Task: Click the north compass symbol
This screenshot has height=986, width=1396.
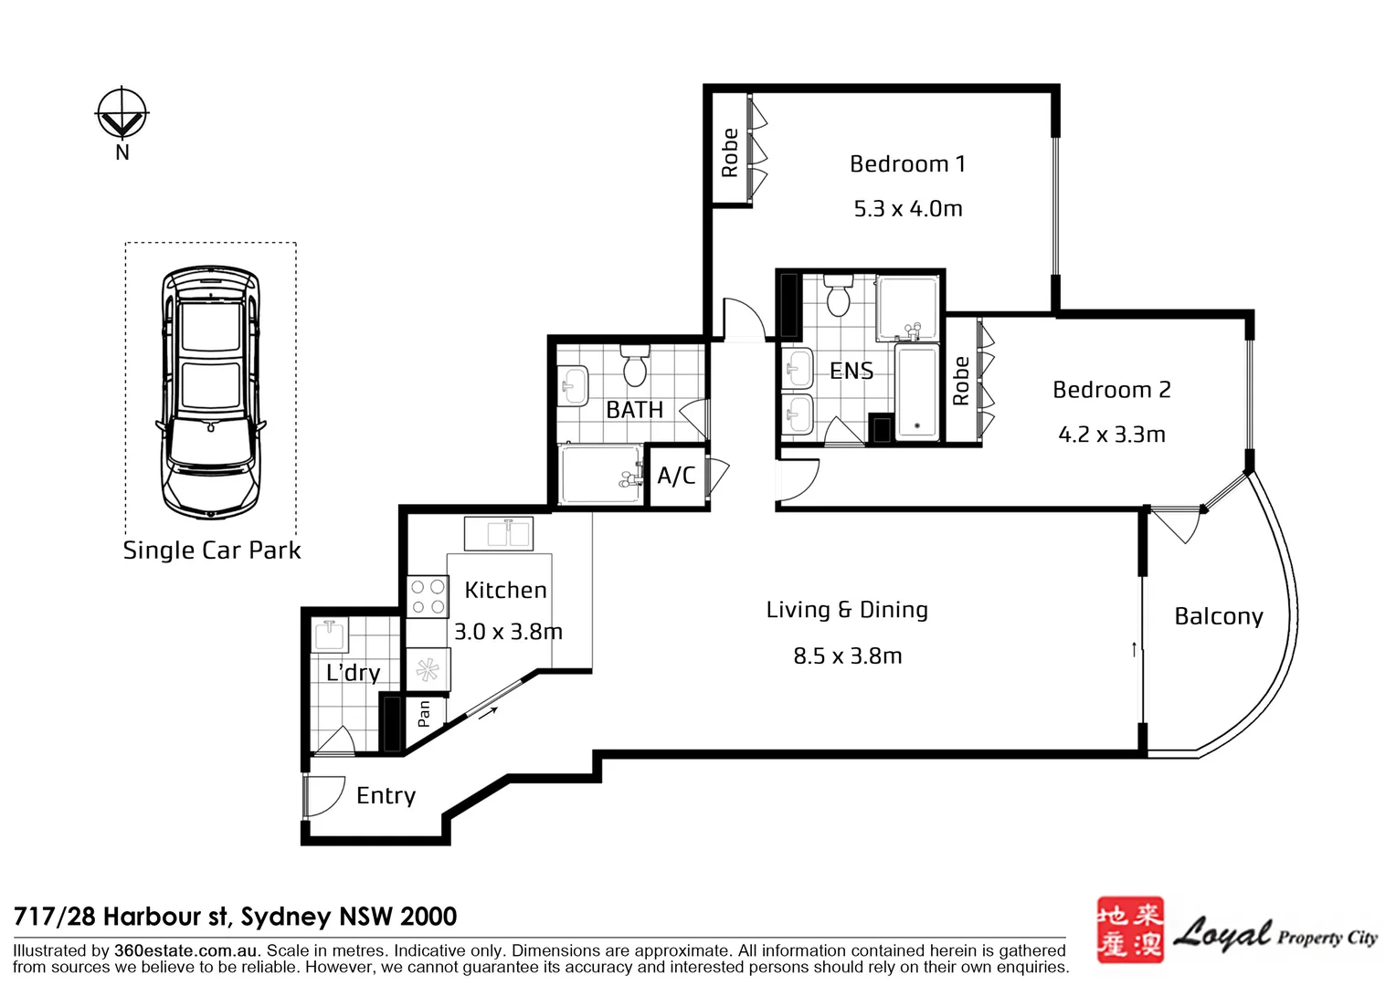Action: pyautogui.click(x=122, y=113)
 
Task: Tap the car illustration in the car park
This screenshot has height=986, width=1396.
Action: pyautogui.click(x=211, y=393)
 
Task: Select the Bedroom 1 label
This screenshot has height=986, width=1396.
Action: pyautogui.click(x=907, y=163)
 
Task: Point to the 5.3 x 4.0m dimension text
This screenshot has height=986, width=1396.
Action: pyautogui.click(x=908, y=209)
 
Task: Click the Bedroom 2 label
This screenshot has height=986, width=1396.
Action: pyautogui.click(x=1112, y=390)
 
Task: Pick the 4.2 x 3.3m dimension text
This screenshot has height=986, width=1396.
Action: pyautogui.click(x=1112, y=435)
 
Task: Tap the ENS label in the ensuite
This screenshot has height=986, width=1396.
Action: pyautogui.click(x=851, y=372)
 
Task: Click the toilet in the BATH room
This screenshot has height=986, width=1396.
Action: pyautogui.click(x=635, y=365)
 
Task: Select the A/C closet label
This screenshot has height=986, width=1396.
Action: pyautogui.click(x=676, y=476)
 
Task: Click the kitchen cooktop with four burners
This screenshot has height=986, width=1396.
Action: pyautogui.click(x=428, y=596)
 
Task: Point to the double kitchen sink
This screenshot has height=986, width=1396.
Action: pyautogui.click(x=499, y=534)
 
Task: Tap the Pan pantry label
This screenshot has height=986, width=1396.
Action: pyautogui.click(x=424, y=714)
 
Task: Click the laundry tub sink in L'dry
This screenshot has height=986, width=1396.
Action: pyautogui.click(x=328, y=635)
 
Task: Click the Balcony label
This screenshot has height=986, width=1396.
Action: pyautogui.click(x=1219, y=616)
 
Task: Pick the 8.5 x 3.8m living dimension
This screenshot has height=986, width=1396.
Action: pyautogui.click(x=848, y=656)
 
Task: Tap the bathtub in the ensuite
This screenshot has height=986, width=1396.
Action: pyautogui.click(x=916, y=393)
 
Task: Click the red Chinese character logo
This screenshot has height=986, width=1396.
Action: pyautogui.click(x=1130, y=930)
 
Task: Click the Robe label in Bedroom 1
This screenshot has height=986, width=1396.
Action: pyautogui.click(x=730, y=152)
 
